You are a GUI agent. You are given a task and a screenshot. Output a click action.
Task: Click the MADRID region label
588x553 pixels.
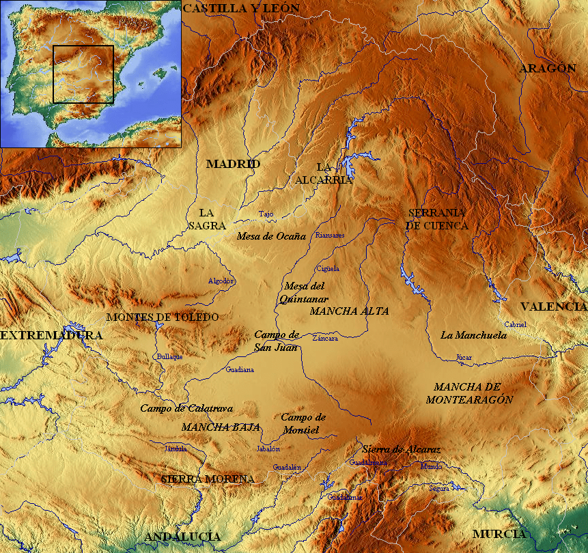(233, 165)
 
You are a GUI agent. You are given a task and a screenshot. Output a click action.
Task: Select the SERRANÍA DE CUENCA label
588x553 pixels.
(437, 218)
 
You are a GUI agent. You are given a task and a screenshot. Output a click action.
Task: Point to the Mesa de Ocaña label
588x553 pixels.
(271, 237)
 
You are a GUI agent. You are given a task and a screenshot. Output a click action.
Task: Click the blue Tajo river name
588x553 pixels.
(266, 214)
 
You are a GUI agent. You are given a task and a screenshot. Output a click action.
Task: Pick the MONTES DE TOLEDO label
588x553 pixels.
(163, 317)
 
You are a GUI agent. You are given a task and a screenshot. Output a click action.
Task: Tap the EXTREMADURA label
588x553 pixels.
(51, 336)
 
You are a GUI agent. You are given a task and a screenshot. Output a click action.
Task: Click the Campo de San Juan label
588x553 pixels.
(276, 340)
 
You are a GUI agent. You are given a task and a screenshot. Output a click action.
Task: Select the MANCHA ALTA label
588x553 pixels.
(349, 311)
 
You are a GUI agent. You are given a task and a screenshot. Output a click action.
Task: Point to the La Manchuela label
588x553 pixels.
(473, 335)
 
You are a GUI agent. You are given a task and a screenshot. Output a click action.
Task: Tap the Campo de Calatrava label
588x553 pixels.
(186, 408)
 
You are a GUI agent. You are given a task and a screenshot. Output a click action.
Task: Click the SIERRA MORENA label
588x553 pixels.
(208, 479)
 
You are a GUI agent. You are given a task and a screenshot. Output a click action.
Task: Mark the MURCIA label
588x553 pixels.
(499, 534)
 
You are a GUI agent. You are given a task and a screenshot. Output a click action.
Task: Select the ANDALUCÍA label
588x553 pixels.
(182, 537)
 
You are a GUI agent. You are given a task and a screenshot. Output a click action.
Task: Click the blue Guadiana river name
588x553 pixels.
(240, 369)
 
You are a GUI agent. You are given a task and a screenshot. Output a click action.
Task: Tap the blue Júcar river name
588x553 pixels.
(464, 357)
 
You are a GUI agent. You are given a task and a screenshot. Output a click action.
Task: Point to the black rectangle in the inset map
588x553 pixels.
(83, 74)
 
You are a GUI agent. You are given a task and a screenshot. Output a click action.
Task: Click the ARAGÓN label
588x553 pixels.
(547, 68)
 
